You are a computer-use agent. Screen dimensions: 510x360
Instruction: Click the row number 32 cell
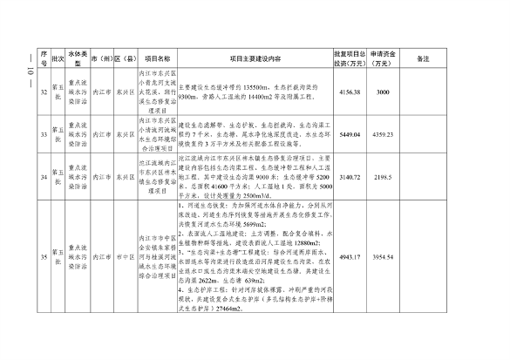43,92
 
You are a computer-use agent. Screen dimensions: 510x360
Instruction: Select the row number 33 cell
43,136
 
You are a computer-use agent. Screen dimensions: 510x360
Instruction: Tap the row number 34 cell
43,178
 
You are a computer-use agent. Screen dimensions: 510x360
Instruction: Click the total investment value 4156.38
347,92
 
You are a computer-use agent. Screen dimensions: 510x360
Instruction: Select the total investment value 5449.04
347,136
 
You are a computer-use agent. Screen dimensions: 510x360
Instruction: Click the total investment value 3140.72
347,178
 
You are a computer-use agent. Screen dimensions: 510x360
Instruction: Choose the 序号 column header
43,58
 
